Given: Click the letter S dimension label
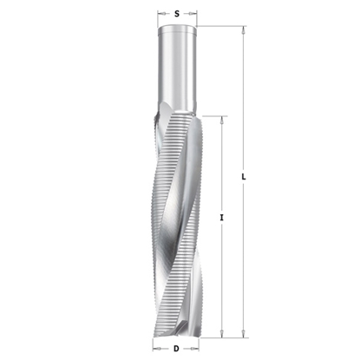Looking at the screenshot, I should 177,14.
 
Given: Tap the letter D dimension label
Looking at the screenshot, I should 177,348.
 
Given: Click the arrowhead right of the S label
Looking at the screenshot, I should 194,14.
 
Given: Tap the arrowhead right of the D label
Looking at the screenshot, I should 194,348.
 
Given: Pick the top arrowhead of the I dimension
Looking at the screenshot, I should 223,117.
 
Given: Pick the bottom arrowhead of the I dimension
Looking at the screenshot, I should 223,332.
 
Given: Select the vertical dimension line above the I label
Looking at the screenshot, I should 223,165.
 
